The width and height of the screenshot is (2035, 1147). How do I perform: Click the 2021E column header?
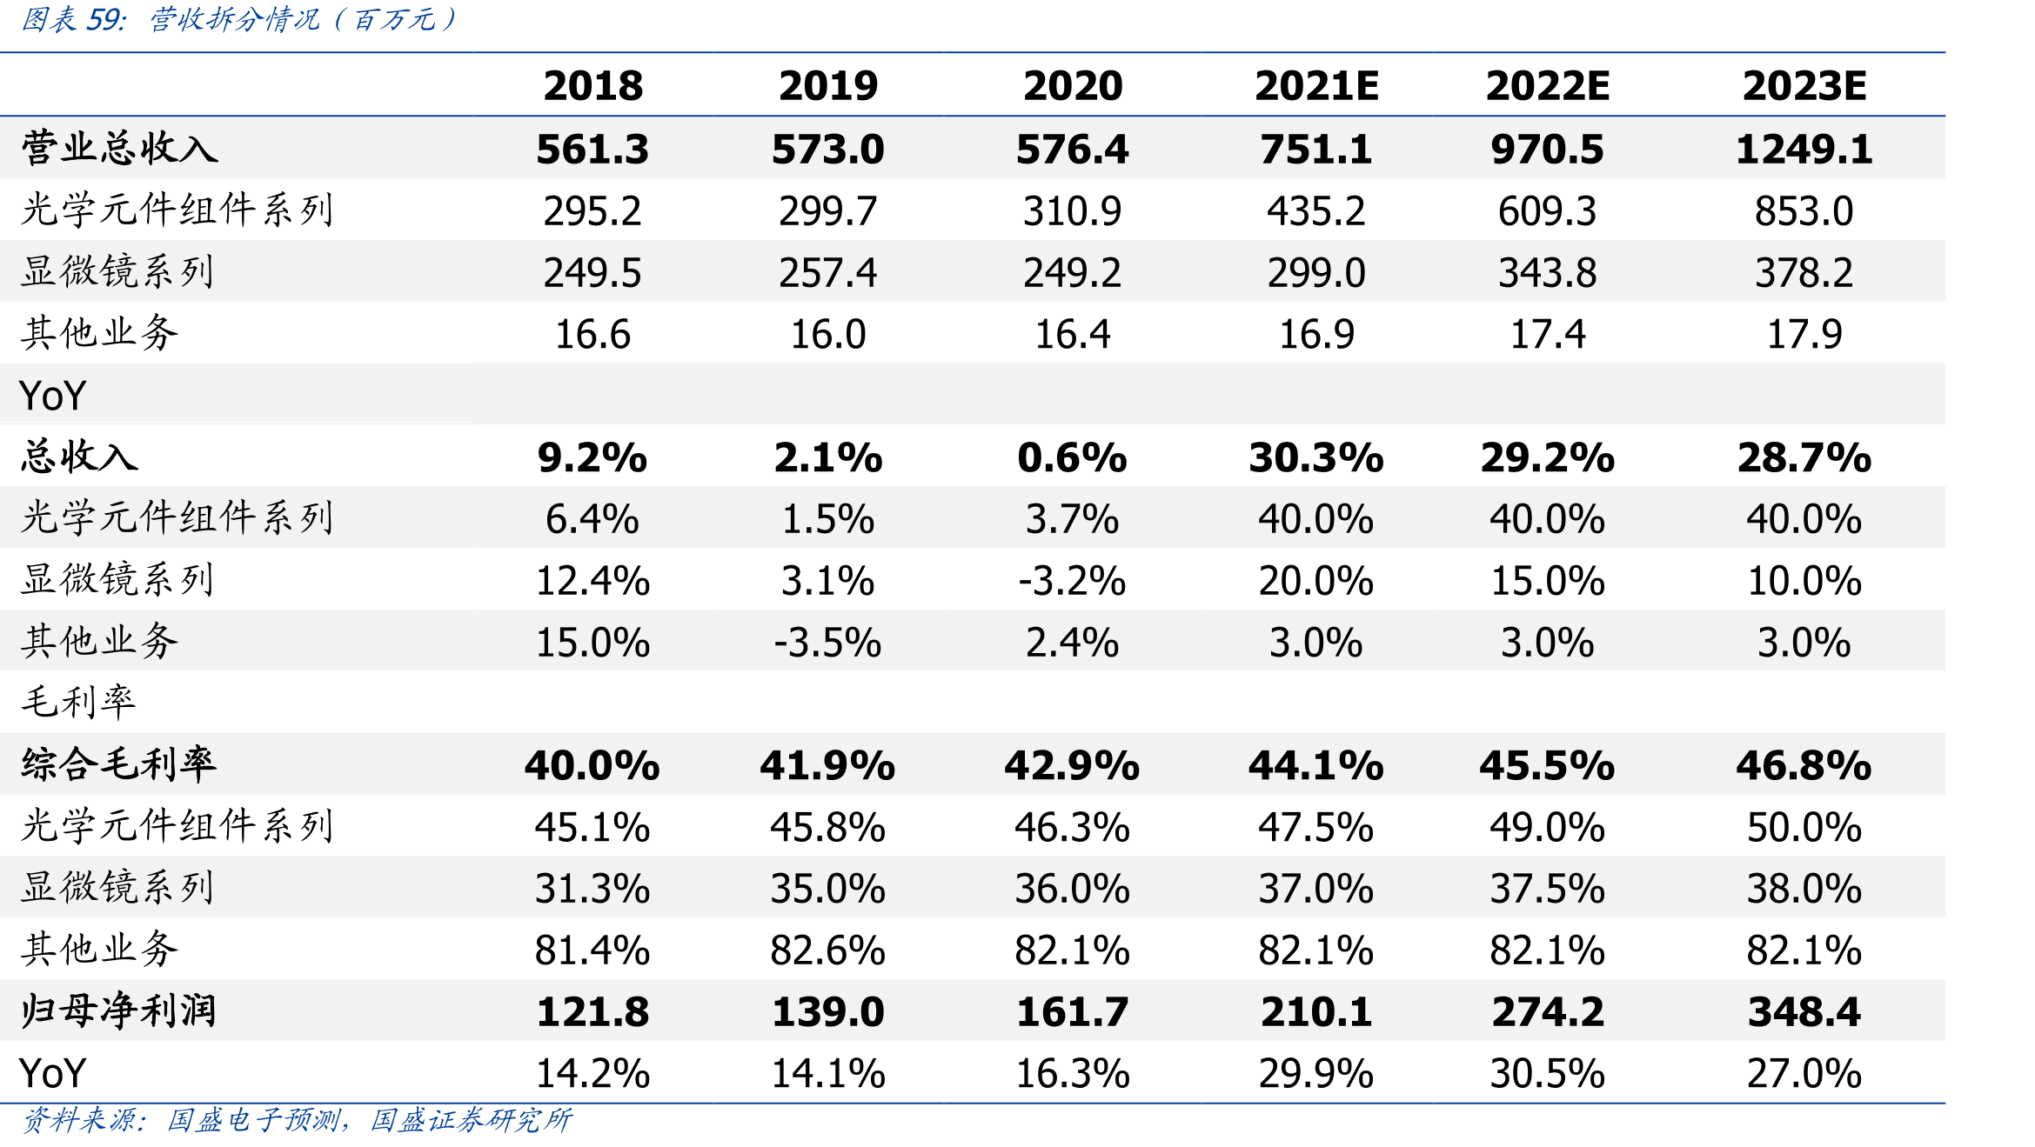[x=1316, y=85]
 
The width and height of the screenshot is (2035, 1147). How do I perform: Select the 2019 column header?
[x=828, y=85]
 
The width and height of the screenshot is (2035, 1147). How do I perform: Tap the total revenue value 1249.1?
[x=1804, y=149]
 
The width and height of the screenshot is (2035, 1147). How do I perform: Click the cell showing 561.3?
[x=592, y=149]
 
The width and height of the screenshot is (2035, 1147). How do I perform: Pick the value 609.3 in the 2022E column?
[x=1547, y=211]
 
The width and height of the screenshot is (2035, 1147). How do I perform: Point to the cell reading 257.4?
[x=828, y=273]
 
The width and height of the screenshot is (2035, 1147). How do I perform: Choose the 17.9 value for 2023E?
[x=1804, y=335]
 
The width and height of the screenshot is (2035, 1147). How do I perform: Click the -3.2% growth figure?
[x=1072, y=581]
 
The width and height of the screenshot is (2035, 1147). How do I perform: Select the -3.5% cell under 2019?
[x=828, y=643]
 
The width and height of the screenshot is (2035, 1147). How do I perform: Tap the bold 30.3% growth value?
[x=1316, y=457]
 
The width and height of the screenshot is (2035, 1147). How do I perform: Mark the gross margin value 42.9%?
[x=1072, y=765]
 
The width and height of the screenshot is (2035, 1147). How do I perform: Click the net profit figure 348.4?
[x=1804, y=1011]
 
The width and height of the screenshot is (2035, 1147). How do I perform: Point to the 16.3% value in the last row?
[x=1072, y=1073]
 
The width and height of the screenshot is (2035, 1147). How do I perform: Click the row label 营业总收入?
[x=119, y=148]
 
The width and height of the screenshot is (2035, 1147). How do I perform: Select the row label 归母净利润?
[x=118, y=1010]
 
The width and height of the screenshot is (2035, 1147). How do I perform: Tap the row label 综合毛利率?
[x=118, y=764]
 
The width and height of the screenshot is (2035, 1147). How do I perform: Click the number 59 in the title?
[x=105, y=19]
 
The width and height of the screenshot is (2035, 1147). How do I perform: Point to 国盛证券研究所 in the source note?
[x=472, y=1120]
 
